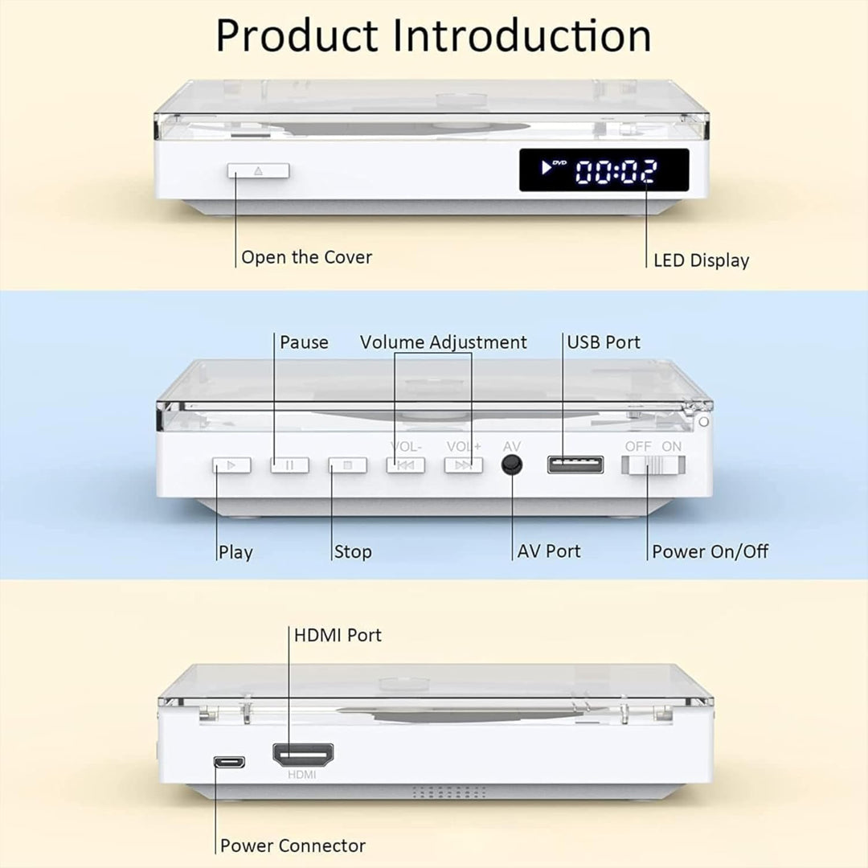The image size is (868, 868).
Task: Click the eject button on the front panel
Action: coord(258,170)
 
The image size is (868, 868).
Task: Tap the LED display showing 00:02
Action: coord(604,170)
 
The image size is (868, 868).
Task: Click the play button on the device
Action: coord(231,465)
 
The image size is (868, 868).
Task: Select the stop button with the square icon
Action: coord(347,465)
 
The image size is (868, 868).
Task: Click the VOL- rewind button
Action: coord(405,465)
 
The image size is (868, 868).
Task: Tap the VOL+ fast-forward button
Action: coord(464,465)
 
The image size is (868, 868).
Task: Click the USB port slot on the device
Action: coord(575,464)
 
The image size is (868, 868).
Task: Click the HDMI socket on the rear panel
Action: coord(303,754)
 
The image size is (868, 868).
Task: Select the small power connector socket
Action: coord(229,762)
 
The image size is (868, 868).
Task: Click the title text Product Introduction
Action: coord(433,35)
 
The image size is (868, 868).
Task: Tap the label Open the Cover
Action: coord(306,258)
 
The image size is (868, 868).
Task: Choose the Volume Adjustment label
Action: coord(443,342)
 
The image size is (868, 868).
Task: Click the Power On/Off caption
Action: coord(710,552)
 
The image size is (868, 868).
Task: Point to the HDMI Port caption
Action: coord(338,635)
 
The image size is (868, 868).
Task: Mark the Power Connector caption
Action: coord(293,845)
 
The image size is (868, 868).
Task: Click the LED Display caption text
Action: coord(701,260)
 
